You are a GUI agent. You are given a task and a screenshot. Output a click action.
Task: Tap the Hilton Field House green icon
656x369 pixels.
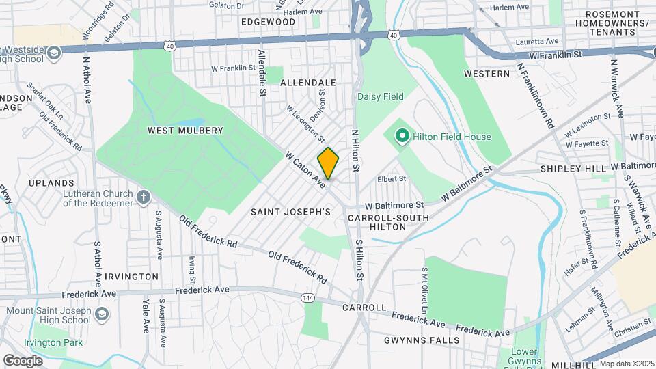point(402,137)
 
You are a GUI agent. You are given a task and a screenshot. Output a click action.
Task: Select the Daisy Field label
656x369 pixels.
point(381,96)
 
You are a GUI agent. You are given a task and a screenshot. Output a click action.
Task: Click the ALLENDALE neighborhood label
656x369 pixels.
point(308,82)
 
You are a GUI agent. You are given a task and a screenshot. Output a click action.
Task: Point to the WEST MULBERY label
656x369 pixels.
point(186,130)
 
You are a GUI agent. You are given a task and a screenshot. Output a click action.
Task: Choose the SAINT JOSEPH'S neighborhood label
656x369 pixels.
point(290,213)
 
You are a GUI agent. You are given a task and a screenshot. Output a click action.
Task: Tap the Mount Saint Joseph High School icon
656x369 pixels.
point(102,314)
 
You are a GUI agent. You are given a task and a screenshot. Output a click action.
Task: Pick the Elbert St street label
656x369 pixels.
point(392,179)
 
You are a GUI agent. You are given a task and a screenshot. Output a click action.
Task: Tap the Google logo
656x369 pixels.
point(23,360)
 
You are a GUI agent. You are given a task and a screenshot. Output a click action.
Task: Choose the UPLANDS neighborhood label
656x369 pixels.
point(51,183)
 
